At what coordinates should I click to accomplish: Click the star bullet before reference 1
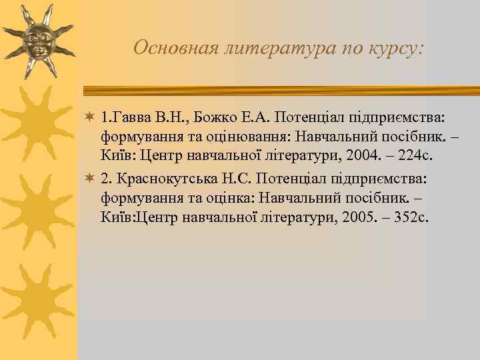tap(91, 118)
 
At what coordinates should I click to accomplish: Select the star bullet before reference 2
tap(91, 179)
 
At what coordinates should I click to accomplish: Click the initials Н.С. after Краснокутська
tap(237, 179)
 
